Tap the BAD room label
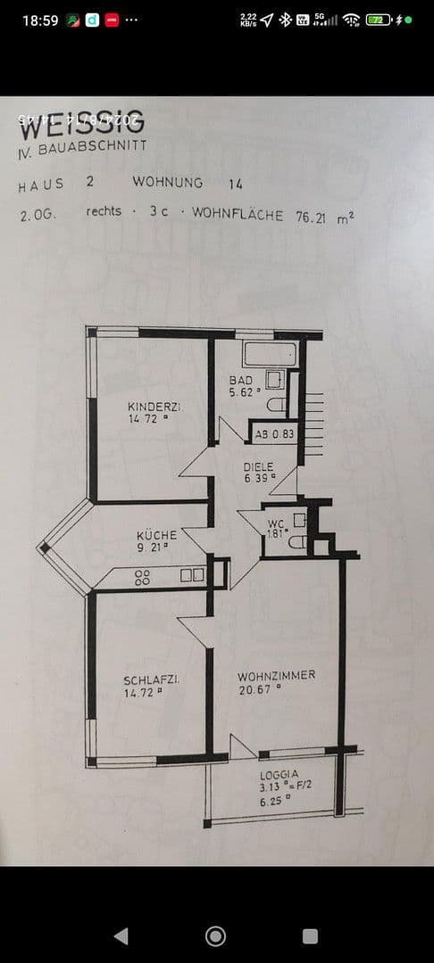click(241, 380)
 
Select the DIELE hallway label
click(258, 466)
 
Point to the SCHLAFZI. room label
click(151, 680)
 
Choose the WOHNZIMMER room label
click(277, 675)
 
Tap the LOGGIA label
click(279, 775)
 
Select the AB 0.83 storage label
click(274, 434)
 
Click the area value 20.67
click(255, 688)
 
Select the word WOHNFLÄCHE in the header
click(238, 215)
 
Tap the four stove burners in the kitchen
click(142, 577)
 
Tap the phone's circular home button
click(215, 935)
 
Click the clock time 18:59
click(39, 20)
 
